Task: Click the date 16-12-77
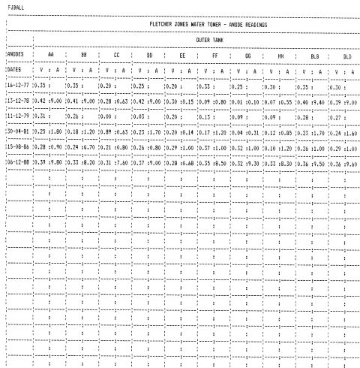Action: pos(16,86)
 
